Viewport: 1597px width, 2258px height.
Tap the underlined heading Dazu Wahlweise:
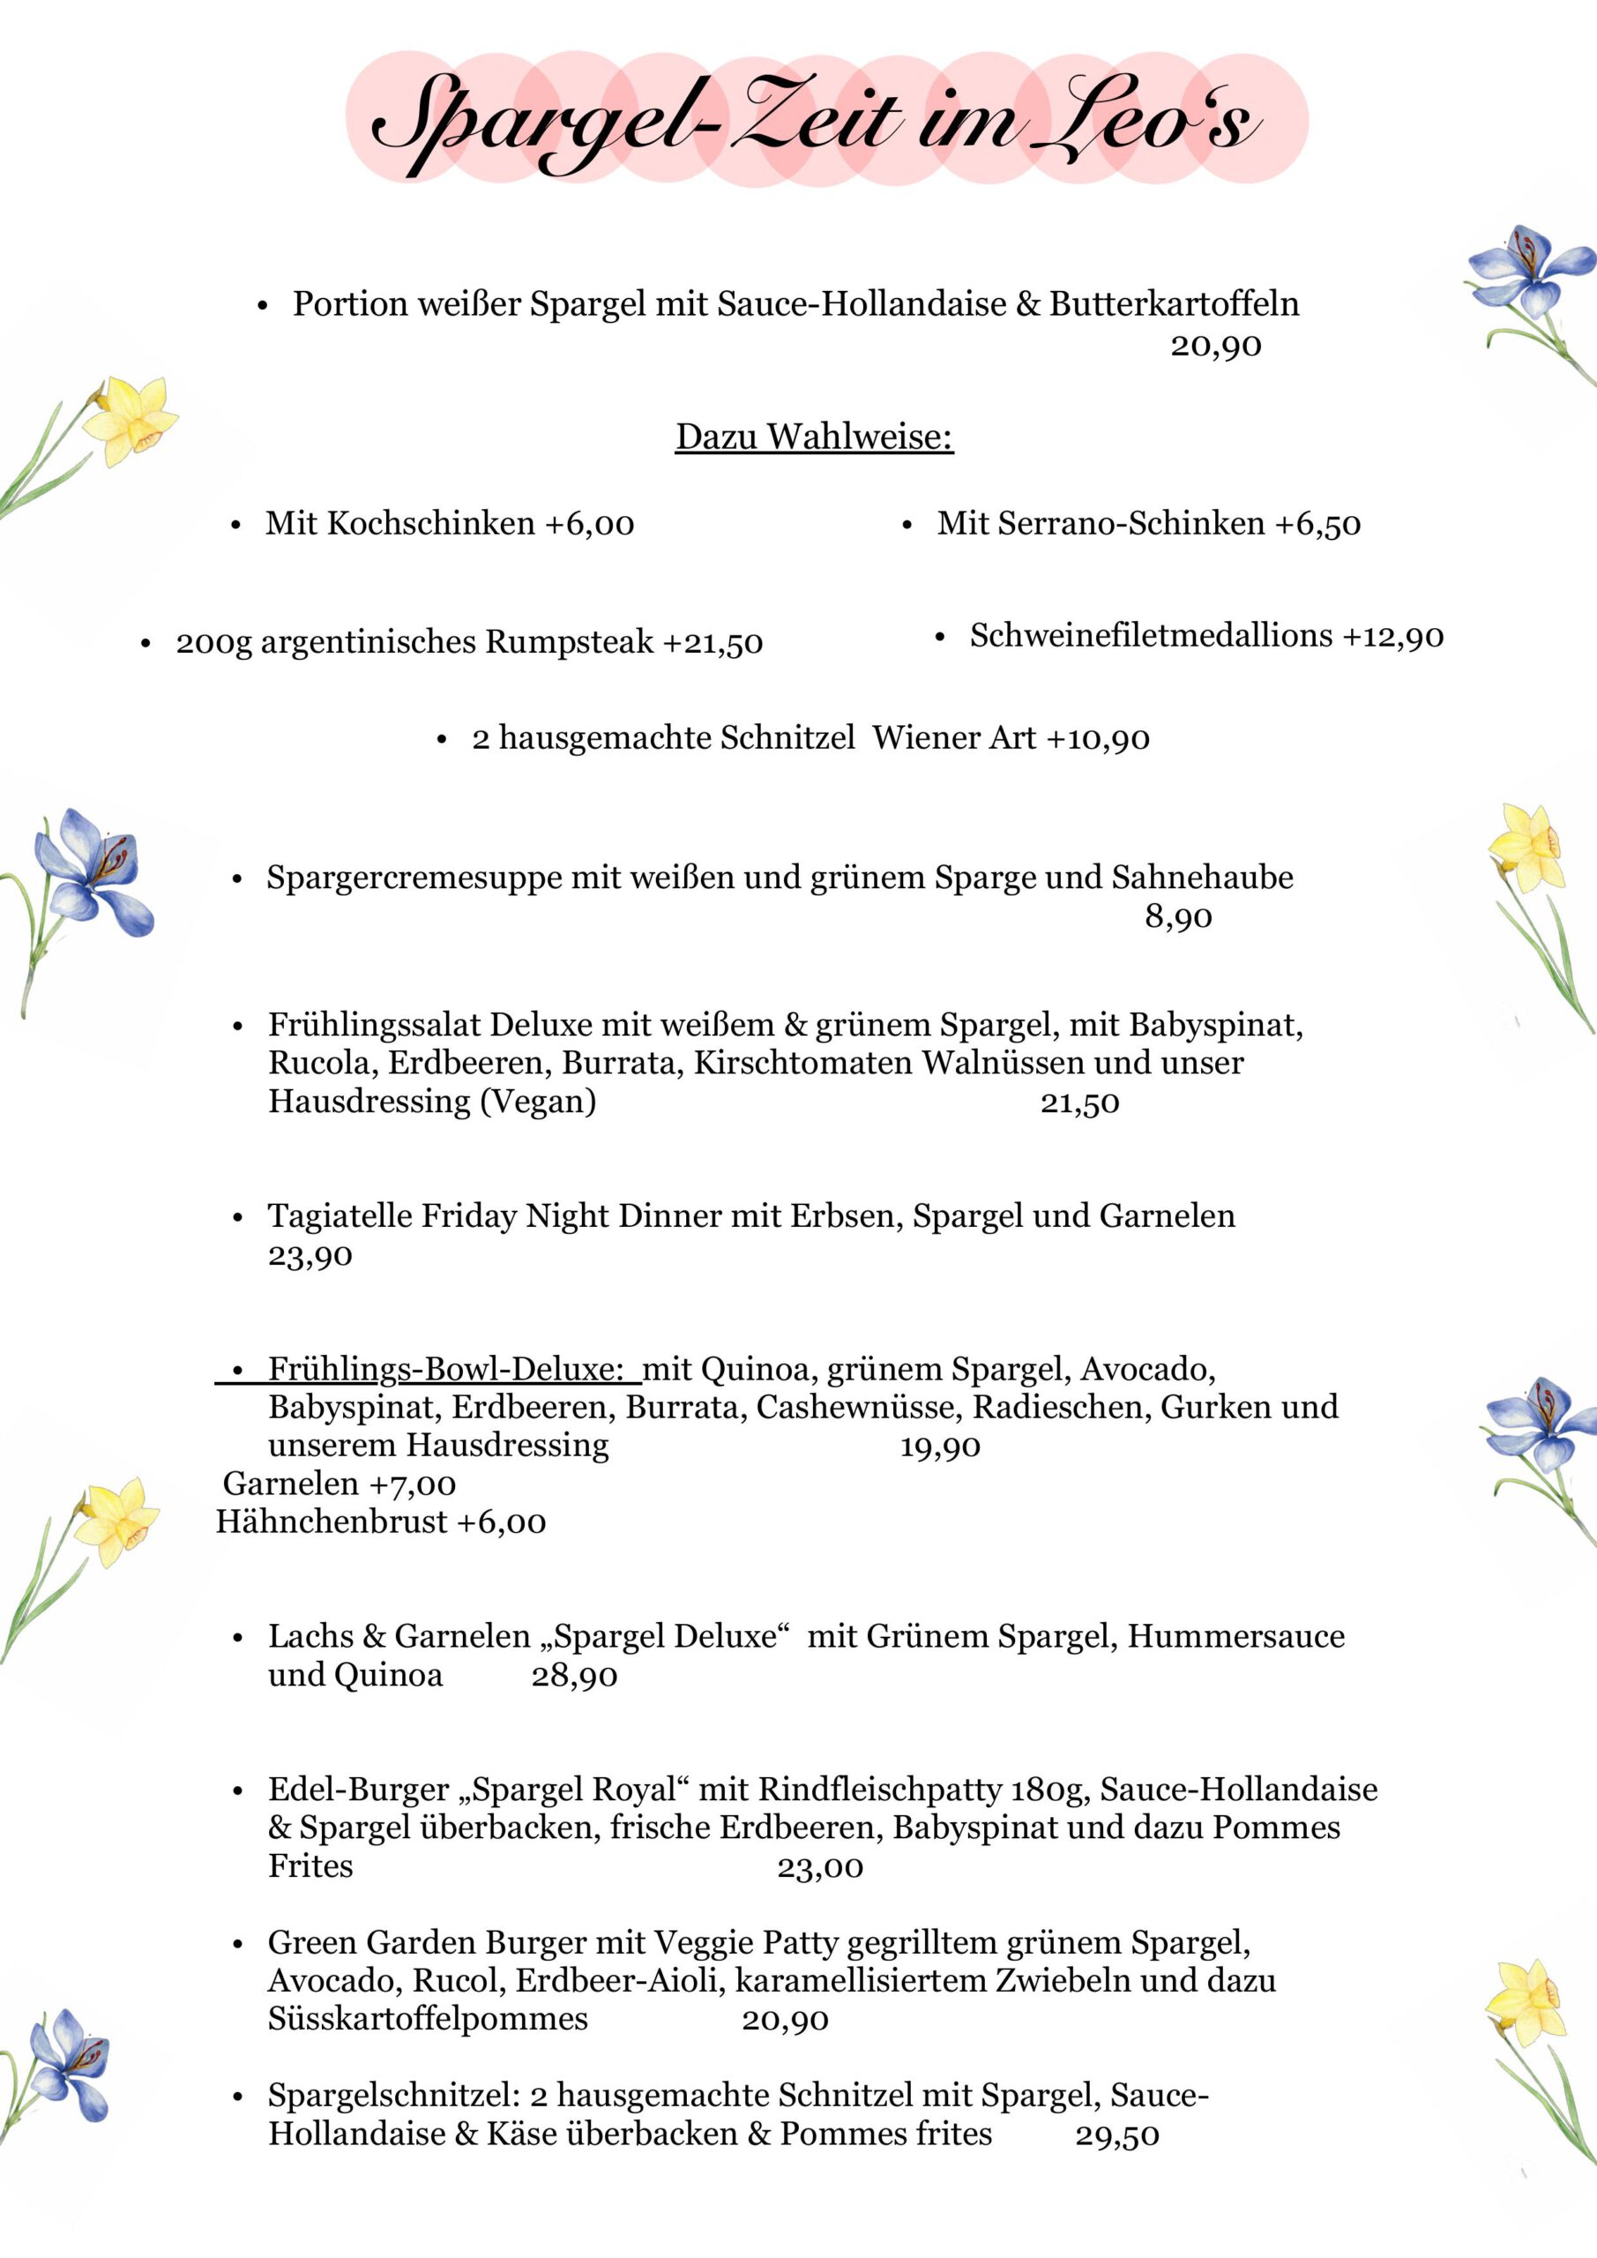click(814, 437)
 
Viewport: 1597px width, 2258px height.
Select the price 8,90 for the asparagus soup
click(1178, 917)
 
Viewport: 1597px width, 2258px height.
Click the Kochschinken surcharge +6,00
click(589, 523)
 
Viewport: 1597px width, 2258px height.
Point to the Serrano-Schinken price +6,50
click(1317, 524)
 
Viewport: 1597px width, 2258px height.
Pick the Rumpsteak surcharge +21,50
click(713, 642)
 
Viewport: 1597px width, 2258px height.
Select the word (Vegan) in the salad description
click(538, 1101)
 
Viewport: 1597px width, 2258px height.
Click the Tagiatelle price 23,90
click(310, 1256)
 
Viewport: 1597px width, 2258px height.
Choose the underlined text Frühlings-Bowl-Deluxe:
click(445, 1369)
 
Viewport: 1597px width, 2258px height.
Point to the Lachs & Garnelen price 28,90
click(574, 1676)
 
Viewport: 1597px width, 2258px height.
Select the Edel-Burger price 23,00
click(820, 1867)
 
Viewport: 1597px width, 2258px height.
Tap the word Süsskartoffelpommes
click(428, 2019)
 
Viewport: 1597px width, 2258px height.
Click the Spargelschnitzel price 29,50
click(1117, 2135)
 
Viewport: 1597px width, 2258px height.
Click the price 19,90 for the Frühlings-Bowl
click(940, 1447)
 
